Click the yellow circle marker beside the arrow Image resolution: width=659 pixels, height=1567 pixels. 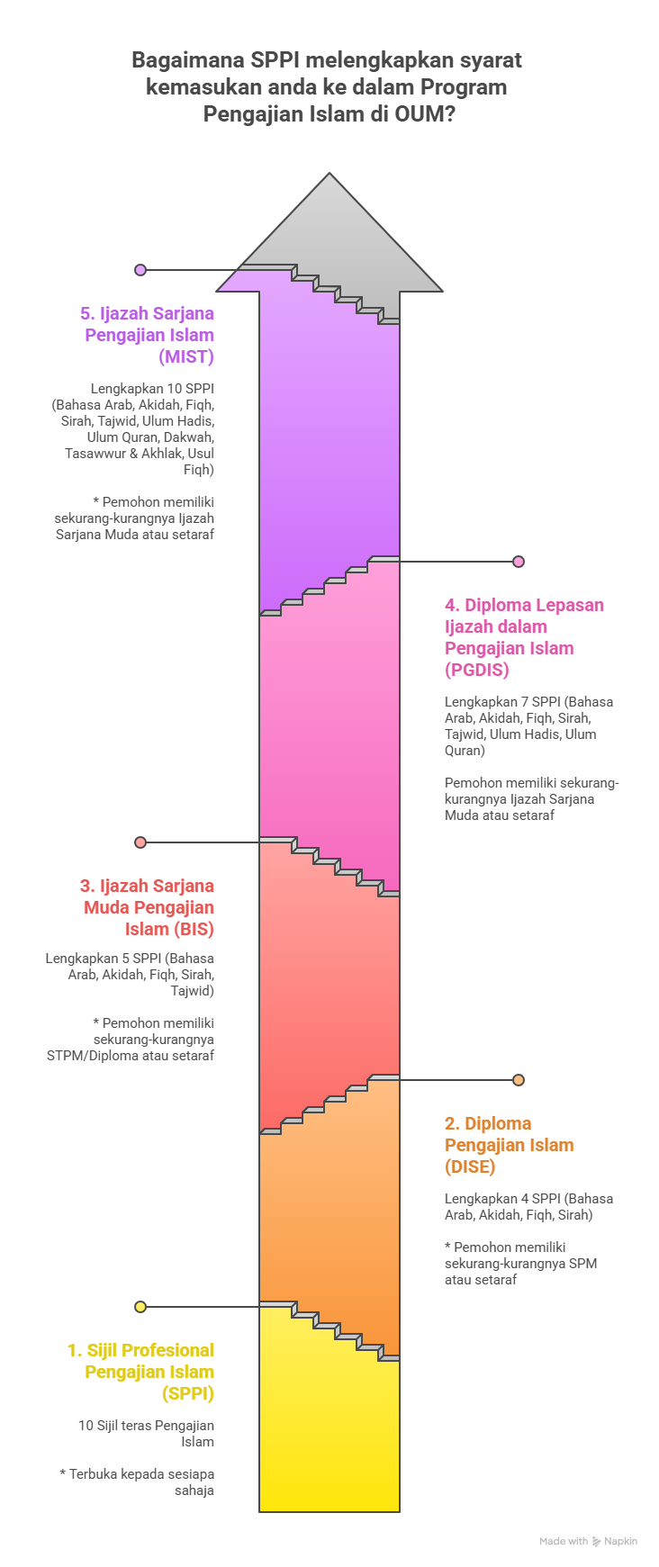(140, 1307)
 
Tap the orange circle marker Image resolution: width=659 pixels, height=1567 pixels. (519, 1080)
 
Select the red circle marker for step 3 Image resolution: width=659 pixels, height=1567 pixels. (140, 842)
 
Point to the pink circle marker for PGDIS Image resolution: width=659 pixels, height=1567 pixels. (519, 562)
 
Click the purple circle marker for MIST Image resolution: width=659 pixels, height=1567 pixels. (140, 270)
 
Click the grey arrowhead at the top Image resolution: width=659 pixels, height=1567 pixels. (329, 234)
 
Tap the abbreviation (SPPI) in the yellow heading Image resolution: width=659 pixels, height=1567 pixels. (188, 1393)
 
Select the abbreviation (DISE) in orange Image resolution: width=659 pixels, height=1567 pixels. (470, 1166)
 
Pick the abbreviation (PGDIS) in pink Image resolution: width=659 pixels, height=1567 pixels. (477, 670)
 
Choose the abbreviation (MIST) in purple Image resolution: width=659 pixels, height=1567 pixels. (186, 356)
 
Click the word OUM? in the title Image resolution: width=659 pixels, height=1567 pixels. (425, 114)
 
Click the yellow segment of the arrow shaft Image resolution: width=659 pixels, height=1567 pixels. (329, 1440)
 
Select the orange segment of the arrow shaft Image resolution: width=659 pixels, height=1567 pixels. (329, 1215)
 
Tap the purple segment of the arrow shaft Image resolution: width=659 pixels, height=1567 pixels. (329, 450)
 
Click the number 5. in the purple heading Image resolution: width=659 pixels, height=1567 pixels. (87, 313)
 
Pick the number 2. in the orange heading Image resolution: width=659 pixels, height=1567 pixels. (452, 1123)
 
